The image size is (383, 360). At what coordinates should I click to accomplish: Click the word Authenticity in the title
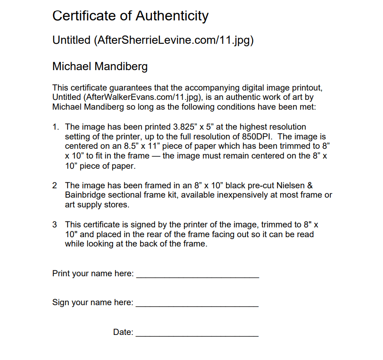172,16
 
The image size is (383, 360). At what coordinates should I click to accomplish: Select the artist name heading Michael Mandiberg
100,67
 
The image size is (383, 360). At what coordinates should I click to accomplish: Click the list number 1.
55,127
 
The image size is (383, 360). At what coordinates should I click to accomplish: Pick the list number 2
54,186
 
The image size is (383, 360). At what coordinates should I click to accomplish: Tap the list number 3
54,224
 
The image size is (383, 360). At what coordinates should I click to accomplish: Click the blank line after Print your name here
197,277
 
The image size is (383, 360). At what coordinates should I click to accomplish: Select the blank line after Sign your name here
197,306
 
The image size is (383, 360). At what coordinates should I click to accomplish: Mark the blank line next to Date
197,335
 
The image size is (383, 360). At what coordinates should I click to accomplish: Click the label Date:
123,332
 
